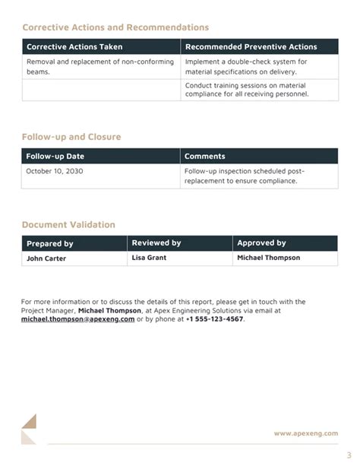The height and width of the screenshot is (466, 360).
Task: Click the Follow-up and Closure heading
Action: click(x=71, y=137)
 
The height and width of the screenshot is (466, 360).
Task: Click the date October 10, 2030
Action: click(x=55, y=171)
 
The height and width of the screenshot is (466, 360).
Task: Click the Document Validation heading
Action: click(x=68, y=225)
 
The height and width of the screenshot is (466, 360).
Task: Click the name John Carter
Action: click(x=46, y=258)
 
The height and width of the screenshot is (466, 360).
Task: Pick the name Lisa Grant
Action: click(x=149, y=258)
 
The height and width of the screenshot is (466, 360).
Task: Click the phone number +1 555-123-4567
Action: click(x=214, y=319)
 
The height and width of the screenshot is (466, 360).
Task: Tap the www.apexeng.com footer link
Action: click(x=306, y=433)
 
